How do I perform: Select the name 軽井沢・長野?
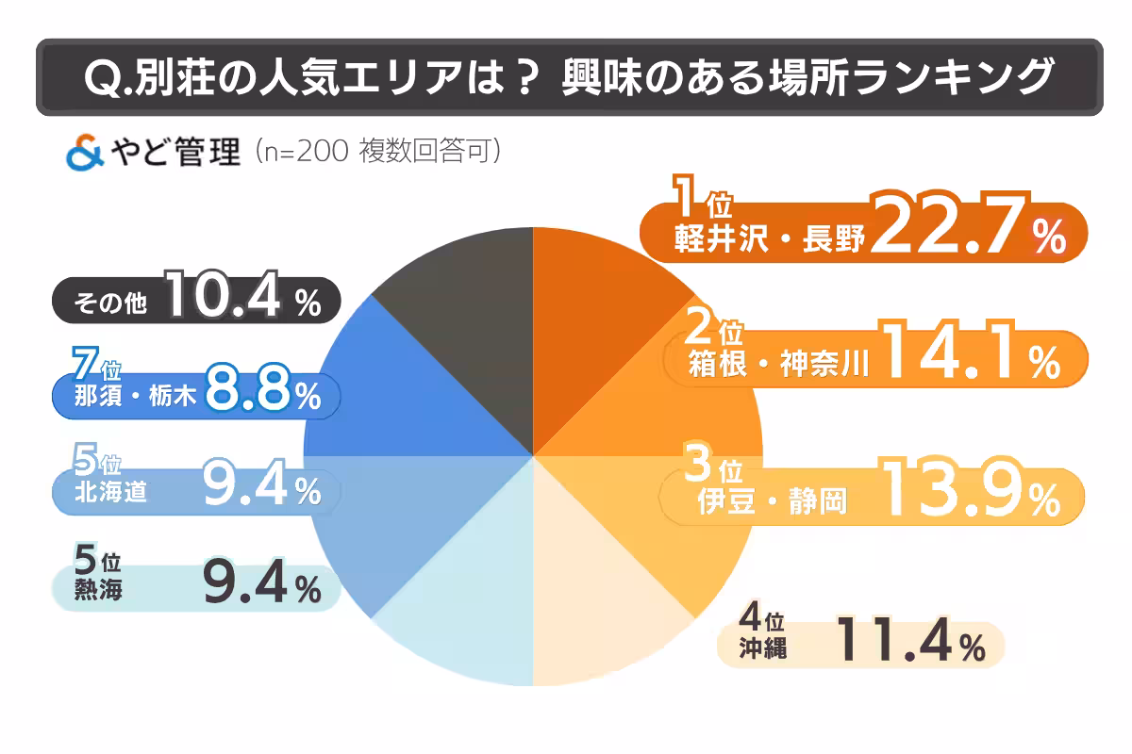tap(769, 240)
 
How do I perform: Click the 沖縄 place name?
tap(764, 648)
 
